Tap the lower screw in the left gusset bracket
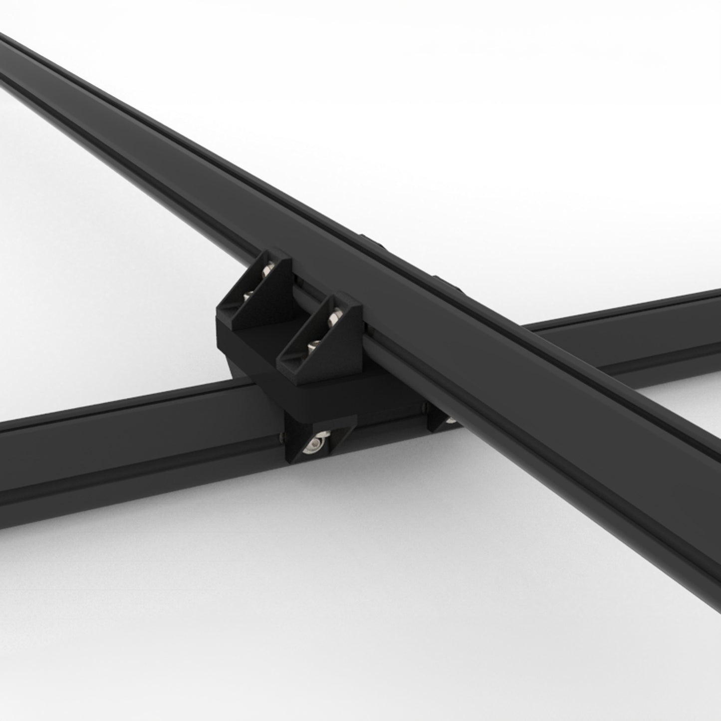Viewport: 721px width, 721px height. (x=246, y=297)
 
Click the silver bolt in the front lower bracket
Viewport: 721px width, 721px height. (x=314, y=443)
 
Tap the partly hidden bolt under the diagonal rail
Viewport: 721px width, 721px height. (x=451, y=420)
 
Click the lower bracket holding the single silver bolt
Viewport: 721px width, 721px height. (x=319, y=437)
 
